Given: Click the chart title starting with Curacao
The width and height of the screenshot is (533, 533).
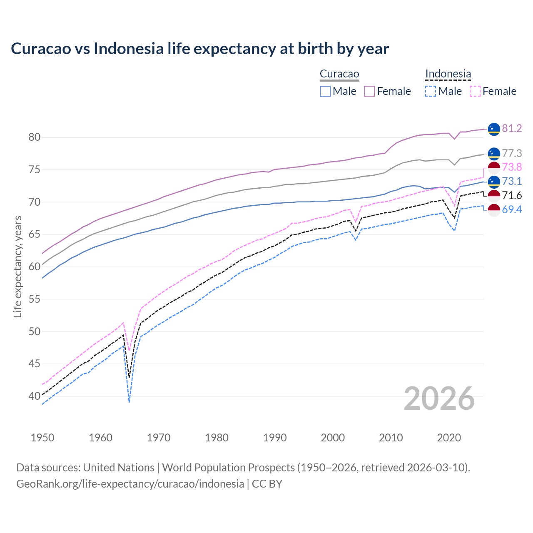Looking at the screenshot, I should click(200, 49).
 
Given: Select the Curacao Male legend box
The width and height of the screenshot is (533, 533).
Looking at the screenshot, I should click(325, 91).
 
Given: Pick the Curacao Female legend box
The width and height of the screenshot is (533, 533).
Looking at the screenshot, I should click(369, 91).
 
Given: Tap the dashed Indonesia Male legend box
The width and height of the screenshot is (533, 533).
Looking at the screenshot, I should click(431, 91).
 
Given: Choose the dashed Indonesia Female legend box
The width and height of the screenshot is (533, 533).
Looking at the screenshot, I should click(475, 91).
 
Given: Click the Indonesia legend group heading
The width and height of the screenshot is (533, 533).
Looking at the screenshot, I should click(448, 74).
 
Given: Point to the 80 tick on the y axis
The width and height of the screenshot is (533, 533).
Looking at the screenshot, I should click(34, 137).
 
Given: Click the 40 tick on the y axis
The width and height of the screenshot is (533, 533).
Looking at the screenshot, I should click(34, 396).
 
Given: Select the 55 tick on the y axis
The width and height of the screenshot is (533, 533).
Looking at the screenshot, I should click(34, 299).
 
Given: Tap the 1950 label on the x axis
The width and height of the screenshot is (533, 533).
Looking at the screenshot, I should click(42, 438).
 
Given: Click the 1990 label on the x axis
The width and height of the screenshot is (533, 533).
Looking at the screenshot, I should click(275, 438).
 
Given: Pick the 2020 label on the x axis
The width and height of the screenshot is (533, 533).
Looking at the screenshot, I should click(449, 438).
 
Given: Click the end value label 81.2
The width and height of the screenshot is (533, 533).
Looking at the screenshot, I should click(512, 128).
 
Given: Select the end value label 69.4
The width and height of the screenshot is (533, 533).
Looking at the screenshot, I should click(512, 209).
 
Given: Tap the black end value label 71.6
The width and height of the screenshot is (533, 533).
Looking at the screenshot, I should click(512, 196).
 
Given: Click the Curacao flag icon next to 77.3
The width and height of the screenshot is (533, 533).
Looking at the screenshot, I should click(494, 154).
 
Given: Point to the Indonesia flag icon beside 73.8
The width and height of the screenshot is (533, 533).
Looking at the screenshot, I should click(494, 167).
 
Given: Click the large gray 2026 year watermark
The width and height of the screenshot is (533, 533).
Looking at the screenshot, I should click(439, 399).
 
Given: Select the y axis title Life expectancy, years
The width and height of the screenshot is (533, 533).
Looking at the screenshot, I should click(17, 266).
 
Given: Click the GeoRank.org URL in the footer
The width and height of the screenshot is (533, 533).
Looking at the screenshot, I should click(130, 484).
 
